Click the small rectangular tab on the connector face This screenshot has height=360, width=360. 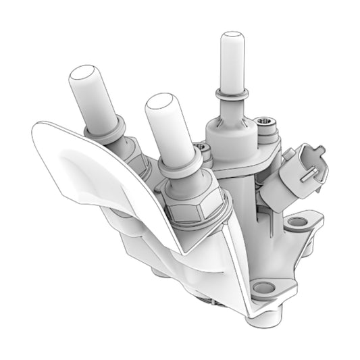click(308, 174)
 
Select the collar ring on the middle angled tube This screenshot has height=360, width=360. click(181, 164)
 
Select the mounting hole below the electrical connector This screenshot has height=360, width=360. click(297, 222)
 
